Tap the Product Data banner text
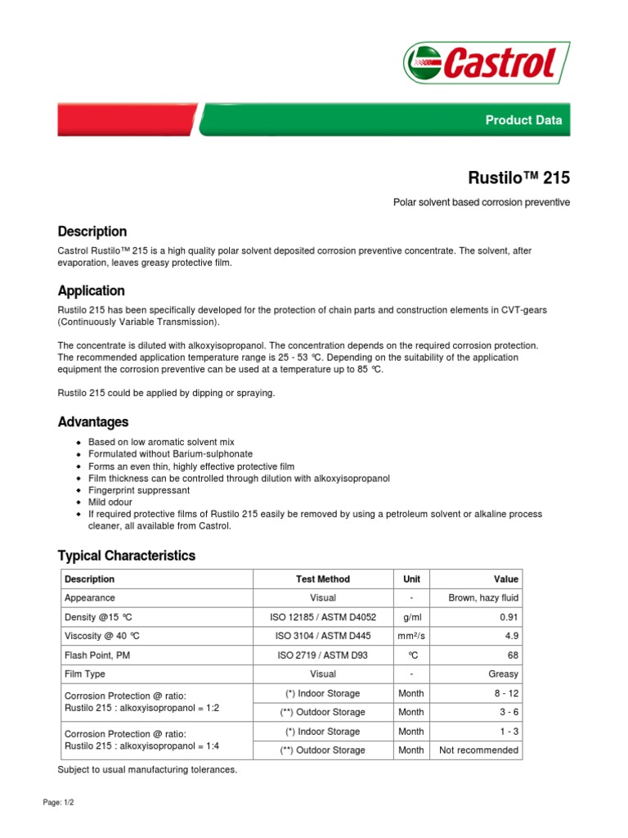click(x=523, y=119)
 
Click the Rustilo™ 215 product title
click(x=518, y=178)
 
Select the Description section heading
click(x=92, y=232)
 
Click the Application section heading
click(x=91, y=291)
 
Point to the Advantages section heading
click(x=92, y=422)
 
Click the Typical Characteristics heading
click(x=126, y=556)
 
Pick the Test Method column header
click(x=323, y=579)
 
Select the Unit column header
click(x=411, y=579)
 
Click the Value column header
click(x=505, y=579)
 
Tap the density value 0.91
click(x=508, y=617)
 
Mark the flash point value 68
click(x=512, y=656)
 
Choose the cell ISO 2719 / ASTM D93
click(x=323, y=656)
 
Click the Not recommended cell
click(x=478, y=750)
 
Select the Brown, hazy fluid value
click(x=483, y=598)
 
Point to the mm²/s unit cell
click(x=411, y=636)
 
